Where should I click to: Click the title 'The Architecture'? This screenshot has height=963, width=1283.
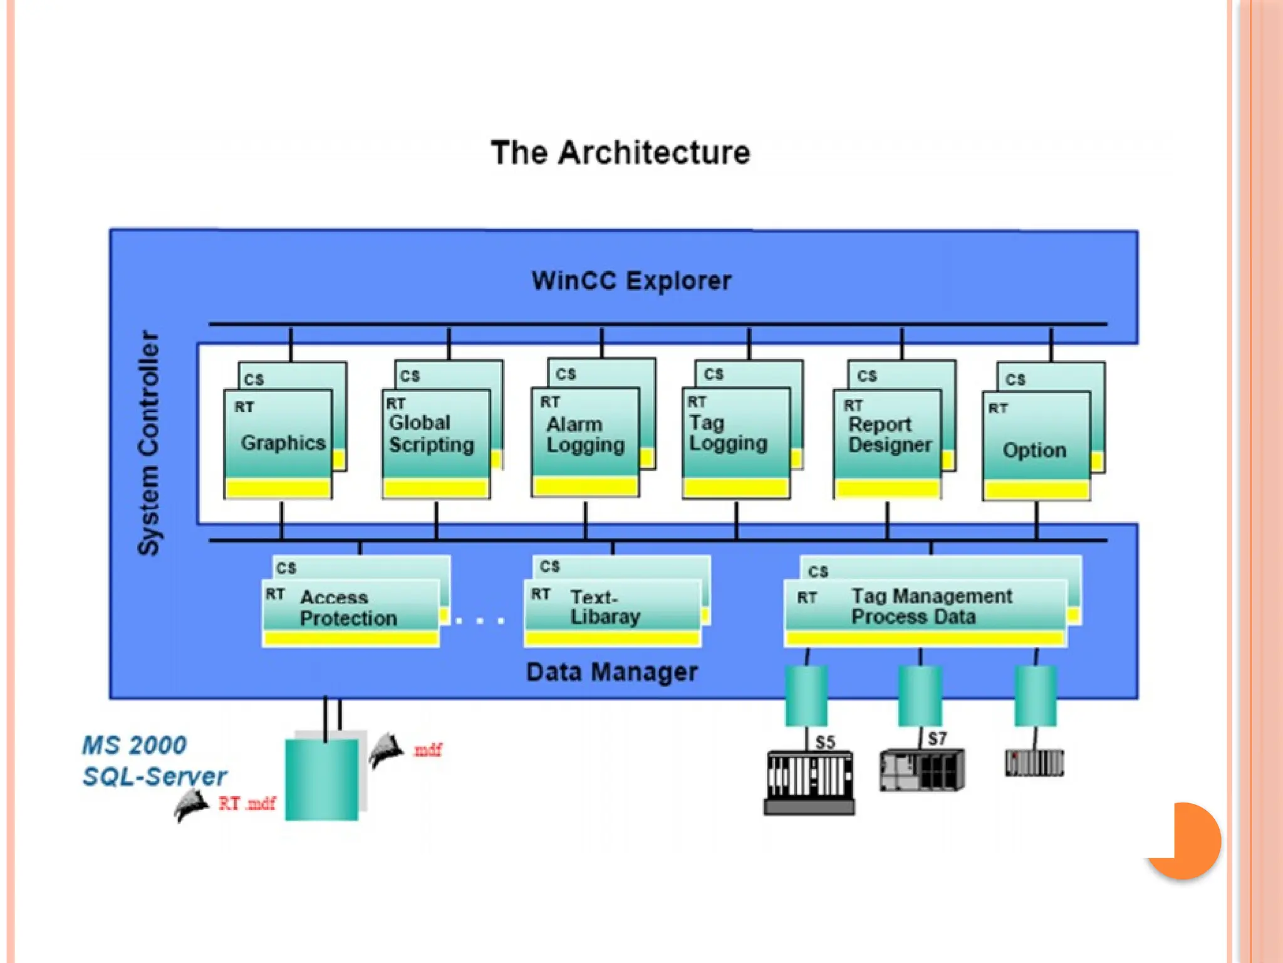pos(620,152)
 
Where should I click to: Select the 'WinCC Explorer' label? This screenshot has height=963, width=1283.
pos(631,280)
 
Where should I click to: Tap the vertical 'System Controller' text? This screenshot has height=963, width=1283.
pos(148,443)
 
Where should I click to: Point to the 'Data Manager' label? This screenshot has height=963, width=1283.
pos(611,672)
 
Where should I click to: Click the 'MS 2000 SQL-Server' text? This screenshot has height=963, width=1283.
pos(153,760)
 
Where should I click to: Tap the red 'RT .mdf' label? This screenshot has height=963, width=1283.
pos(247,803)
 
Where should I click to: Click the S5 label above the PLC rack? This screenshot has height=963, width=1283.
pos(825,742)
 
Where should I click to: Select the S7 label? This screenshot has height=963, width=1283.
pos(937,739)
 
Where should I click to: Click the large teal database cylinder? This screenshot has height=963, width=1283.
pos(321,779)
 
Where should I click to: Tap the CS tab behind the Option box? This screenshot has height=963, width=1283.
pos(1015,379)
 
